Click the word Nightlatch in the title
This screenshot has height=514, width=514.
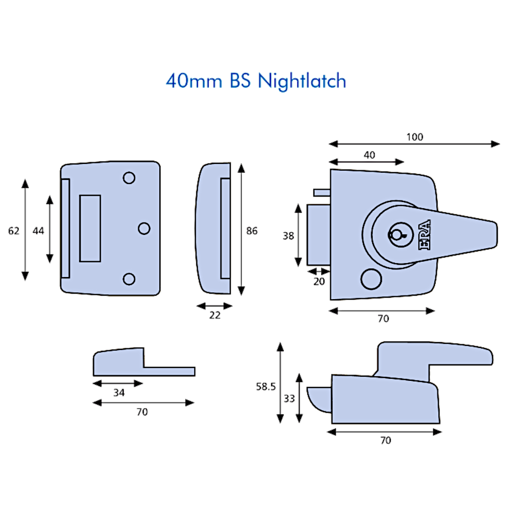tap(302, 82)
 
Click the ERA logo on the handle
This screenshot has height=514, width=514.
tap(426, 235)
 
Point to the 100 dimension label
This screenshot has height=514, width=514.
tap(414, 137)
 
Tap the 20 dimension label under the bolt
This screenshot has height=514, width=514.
tap(319, 280)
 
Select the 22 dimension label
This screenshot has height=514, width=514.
tap(214, 316)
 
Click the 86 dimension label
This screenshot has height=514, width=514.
tap(251, 231)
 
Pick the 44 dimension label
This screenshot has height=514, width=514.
tap(39, 231)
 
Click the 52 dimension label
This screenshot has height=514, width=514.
tap(15, 231)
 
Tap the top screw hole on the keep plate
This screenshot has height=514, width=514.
tap(128, 178)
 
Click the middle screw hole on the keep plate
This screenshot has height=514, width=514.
tap(144, 227)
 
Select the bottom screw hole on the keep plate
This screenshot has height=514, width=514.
tap(129, 278)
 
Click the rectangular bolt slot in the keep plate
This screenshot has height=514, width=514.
tap(90, 227)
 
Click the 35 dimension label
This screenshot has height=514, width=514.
tap(118, 393)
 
